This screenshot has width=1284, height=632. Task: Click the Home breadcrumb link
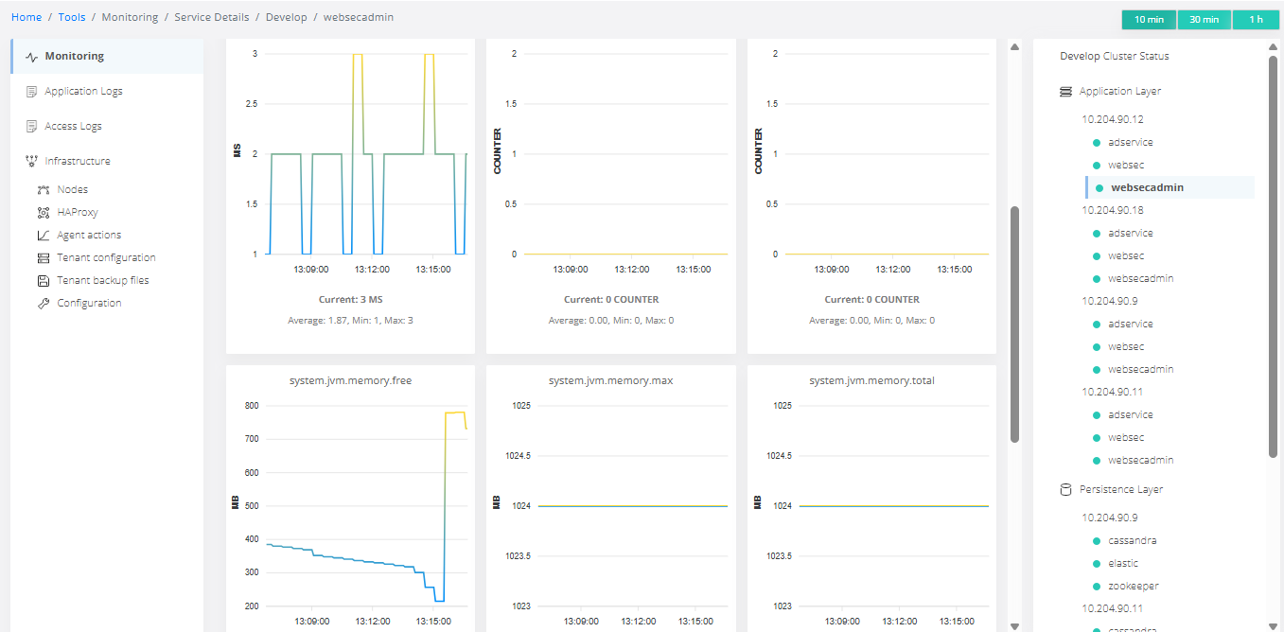(x=26, y=17)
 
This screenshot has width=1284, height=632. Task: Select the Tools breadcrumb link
(x=72, y=17)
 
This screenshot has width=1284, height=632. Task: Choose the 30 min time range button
(x=1204, y=20)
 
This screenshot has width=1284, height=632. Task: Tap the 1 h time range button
(x=1256, y=20)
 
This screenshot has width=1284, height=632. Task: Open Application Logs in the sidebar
(x=83, y=91)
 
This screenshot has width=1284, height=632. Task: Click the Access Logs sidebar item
(x=73, y=126)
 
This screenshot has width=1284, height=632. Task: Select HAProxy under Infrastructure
(x=78, y=212)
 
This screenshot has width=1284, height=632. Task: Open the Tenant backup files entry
(x=102, y=280)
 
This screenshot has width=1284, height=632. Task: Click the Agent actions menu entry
(x=89, y=235)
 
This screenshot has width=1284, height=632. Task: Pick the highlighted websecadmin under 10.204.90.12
(x=1147, y=187)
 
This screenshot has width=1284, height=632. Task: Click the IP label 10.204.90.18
(x=1113, y=210)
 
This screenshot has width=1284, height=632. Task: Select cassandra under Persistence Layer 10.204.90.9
(x=1132, y=540)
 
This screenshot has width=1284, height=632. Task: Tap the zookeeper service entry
(x=1134, y=586)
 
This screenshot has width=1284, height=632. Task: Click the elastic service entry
(x=1123, y=563)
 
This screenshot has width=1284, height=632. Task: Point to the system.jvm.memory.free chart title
(x=350, y=380)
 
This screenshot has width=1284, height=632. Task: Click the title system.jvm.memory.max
(x=610, y=380)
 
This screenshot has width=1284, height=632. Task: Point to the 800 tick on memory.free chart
(x=252, y=406)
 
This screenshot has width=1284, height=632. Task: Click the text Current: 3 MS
(x=350, y=299)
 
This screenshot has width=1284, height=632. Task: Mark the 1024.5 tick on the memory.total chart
(x=779, y=455)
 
